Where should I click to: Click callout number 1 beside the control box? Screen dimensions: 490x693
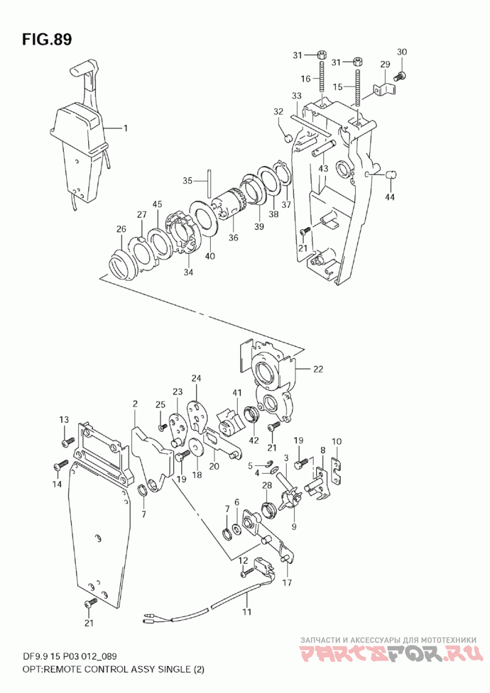pyautogui.click(x=125, y=129)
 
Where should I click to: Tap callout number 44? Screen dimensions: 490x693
pyautogui.click(x=391, y=197)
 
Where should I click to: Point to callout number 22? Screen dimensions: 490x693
pyautogui.click(x=318, y=369)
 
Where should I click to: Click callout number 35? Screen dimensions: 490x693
pyautogui.click(x=188, y=181)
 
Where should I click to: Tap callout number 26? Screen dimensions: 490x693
pyautogui.click(x=121, y=229)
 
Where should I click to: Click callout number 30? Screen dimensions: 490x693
pyautogui.click(x=401, y=51)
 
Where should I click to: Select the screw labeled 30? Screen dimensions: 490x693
pyautogui.click(x=401, y=76)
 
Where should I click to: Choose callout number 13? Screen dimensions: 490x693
pyautogui.click(x=64, y=419)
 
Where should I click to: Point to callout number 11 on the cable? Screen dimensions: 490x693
pyautogui.click(x=247, y=612)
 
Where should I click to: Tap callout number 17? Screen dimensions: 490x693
pyautogui.click(x=287, y=583)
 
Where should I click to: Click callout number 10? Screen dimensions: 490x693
pyautogui.click(x=336, y=441)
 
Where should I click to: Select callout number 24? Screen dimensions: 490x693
pyautogui.click(x=196, y=378)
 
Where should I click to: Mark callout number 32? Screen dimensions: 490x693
pyautogui.click(x=279, y=112)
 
